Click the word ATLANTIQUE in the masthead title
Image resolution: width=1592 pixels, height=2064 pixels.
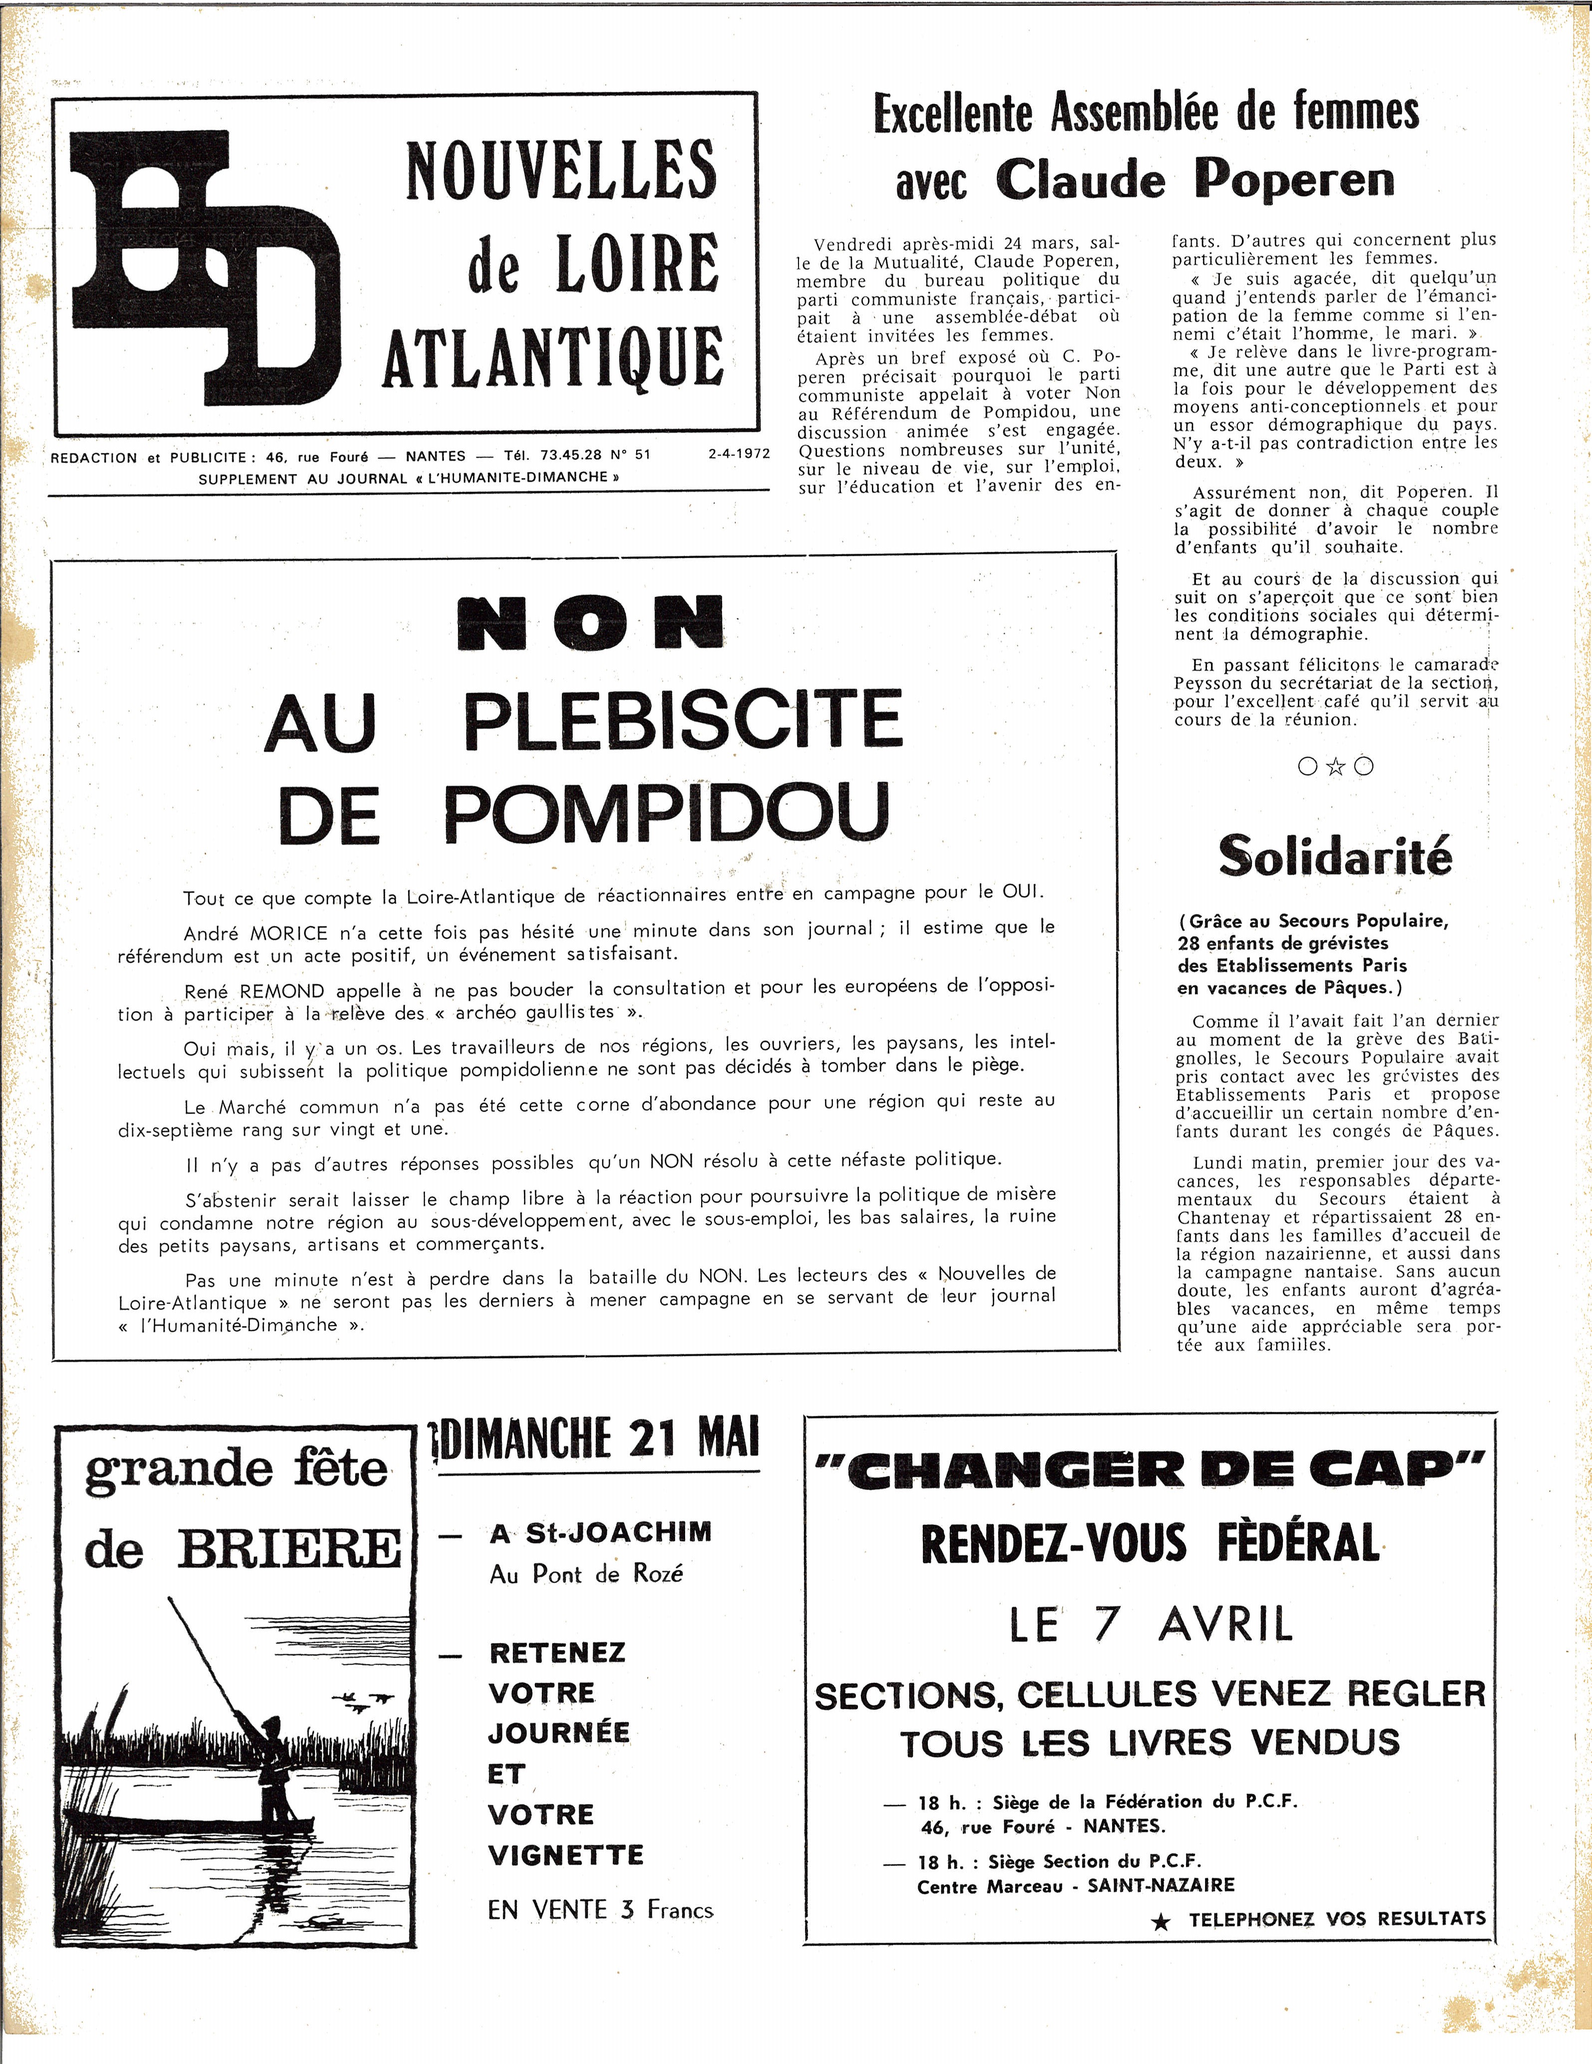click(553, 357)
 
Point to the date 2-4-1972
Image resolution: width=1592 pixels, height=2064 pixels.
click(739, 453)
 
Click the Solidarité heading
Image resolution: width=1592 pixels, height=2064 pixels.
click(1334, 856)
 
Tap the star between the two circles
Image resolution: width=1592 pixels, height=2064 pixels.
click(1335, 767)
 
